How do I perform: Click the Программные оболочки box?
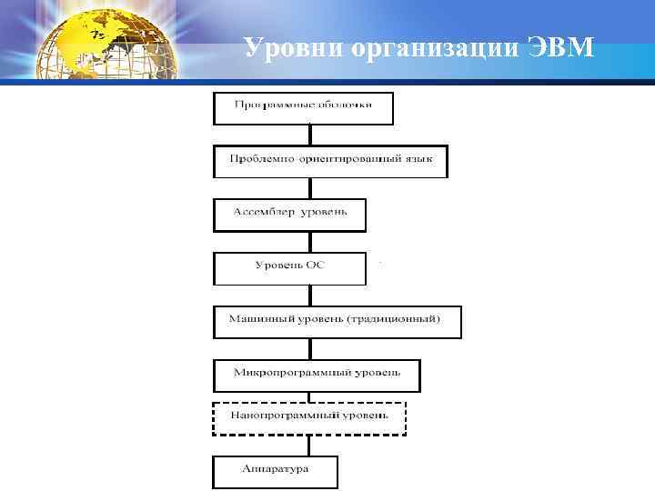point(304,106)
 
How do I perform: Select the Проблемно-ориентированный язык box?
point(330,160)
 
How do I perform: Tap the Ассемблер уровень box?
point(289,214)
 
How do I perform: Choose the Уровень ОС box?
point(289,267)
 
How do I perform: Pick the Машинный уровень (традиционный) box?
point(337,321)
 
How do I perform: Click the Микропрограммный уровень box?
point(317,375)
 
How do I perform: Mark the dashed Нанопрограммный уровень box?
point(309,417)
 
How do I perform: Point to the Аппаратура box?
point(276,471)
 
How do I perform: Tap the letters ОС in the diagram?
point(315,266)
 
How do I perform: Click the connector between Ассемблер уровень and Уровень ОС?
point(309,241)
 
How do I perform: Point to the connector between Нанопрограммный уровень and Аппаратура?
point(309,445)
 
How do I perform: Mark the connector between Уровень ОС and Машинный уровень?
point(309,295)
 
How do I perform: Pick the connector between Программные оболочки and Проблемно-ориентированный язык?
point(309,134)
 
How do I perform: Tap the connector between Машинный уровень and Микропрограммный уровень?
point(309,348)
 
